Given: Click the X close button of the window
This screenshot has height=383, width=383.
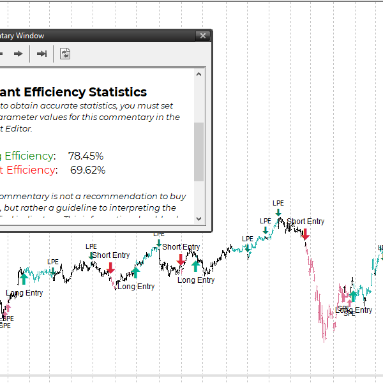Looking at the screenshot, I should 203,36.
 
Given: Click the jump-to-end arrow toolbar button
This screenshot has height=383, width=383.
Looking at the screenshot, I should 41,54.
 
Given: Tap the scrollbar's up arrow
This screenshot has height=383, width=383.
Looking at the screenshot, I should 199,75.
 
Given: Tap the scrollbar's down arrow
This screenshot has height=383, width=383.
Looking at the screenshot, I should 199,218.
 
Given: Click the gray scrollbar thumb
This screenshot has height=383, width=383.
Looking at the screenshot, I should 199,152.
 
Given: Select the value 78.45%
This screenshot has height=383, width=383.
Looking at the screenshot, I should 86,156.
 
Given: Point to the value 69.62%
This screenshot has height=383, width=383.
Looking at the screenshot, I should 87,170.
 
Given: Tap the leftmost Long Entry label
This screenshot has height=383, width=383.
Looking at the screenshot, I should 25,293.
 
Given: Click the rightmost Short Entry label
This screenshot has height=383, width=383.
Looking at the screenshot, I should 305,222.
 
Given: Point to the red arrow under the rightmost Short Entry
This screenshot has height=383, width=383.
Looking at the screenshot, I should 306,233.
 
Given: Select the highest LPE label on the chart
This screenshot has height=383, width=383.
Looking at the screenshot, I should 278,204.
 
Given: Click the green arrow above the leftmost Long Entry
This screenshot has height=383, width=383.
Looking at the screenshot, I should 24,278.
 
